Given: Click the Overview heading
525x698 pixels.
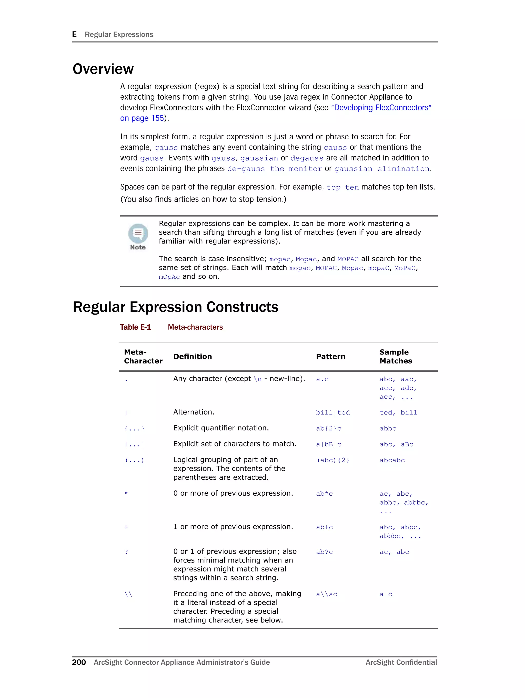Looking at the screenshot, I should (103, 69).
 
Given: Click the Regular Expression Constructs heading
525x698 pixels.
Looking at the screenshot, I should (175, 307).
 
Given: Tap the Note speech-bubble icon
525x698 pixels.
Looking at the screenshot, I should (138, 233).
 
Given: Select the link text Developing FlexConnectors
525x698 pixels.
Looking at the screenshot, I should (381, 108).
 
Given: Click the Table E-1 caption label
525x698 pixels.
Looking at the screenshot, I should (136, 327).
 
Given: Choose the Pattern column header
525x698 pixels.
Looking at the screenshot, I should (330, 357).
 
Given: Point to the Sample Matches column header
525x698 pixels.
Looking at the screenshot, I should (396, 357).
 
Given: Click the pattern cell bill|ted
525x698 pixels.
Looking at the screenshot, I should (333, 413).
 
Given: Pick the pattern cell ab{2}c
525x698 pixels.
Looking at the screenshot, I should (329, 429).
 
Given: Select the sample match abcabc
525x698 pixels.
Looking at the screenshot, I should (392, 460).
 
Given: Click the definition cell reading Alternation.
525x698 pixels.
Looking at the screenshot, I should (194, 412).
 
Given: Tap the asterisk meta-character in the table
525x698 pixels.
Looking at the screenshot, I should (126, 493).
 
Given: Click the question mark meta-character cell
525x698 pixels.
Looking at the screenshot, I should (126, 552).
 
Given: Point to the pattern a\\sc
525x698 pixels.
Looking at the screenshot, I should (326, 594).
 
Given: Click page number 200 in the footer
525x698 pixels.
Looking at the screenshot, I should (79, 662).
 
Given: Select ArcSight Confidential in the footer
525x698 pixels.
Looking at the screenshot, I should (401, 662).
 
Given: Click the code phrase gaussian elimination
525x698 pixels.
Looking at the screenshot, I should (382, 169).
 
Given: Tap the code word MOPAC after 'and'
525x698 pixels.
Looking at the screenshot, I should (348, 259).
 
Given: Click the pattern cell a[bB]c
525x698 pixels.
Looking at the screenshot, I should (329, 444).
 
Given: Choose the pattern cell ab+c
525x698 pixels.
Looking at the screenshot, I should (325, 527).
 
